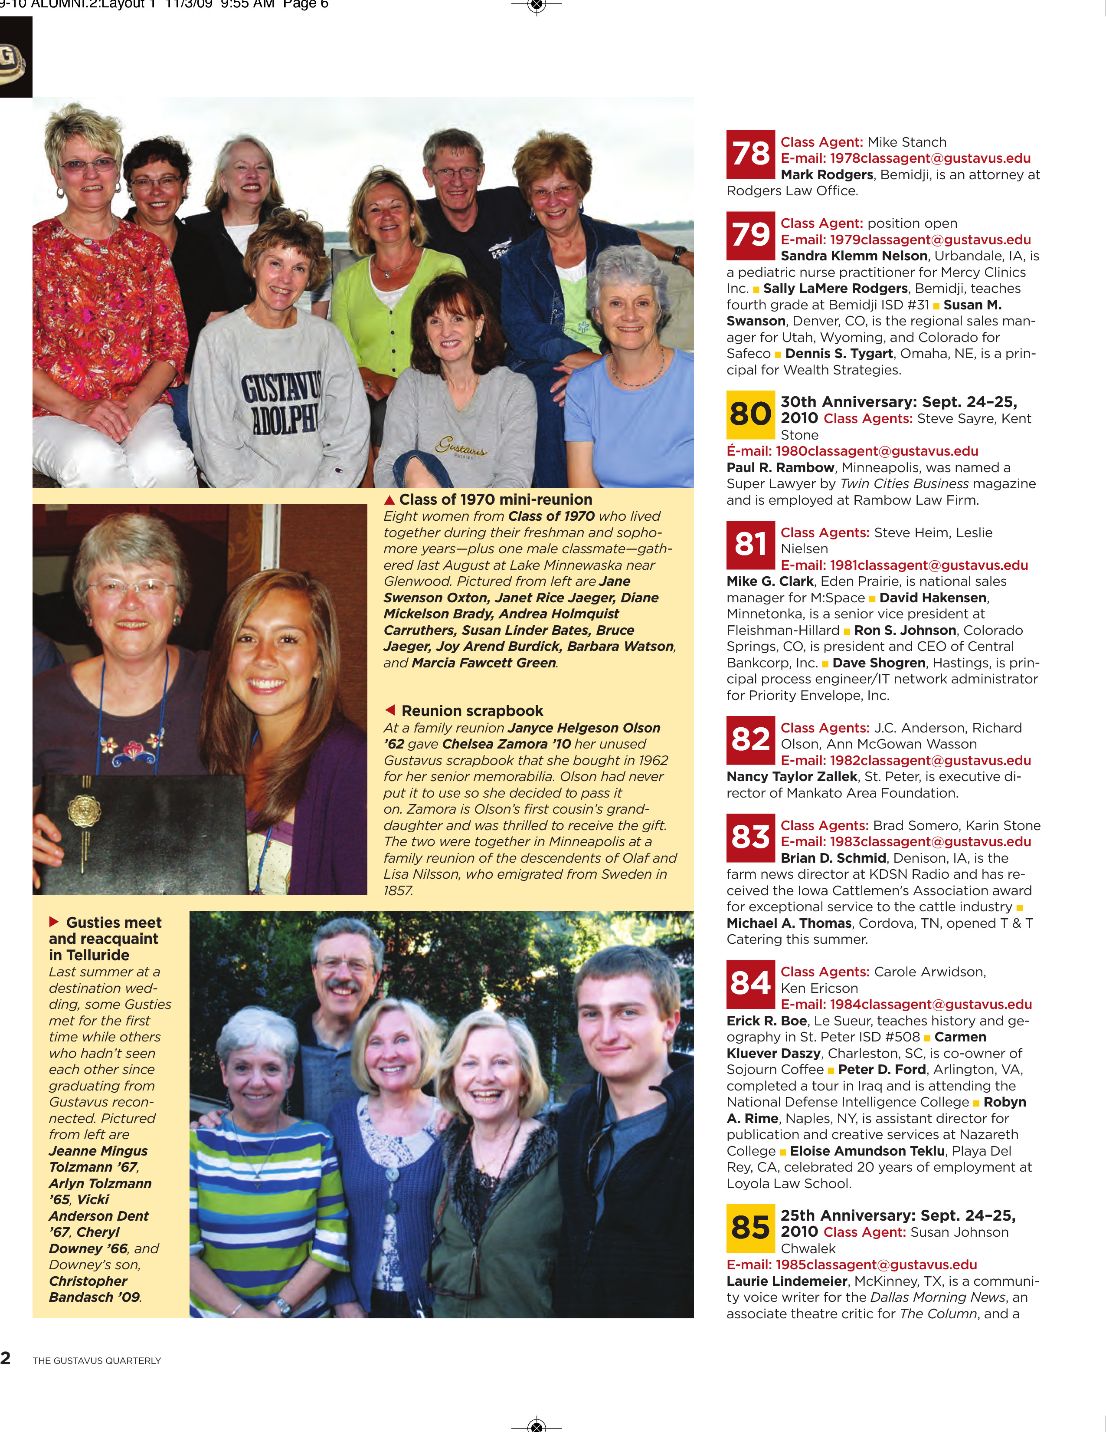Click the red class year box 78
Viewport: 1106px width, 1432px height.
tap(750, 154)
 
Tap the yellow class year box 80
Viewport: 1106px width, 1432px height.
tap(750, 414)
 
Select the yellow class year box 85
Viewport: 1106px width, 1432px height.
tap(750, 1228)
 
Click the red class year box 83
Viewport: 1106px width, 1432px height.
tap(750, 838)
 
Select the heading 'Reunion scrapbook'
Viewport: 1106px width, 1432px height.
tap(472, 711)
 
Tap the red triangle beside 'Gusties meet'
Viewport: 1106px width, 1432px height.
tap(54, 922)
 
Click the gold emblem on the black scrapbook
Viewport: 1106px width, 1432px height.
tap(85, 811)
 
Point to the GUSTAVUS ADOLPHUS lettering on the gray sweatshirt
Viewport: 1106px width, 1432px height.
tap(282, 403)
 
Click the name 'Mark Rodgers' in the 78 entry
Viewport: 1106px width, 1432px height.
tap(827, 175)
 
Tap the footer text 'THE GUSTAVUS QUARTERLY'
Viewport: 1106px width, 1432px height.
tap(97, 1360)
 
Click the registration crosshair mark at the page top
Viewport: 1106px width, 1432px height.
tap(537, 6)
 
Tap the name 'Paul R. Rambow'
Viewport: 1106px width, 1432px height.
tap(780, 467)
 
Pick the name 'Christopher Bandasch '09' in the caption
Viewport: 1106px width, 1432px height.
tap(92, 1289)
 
